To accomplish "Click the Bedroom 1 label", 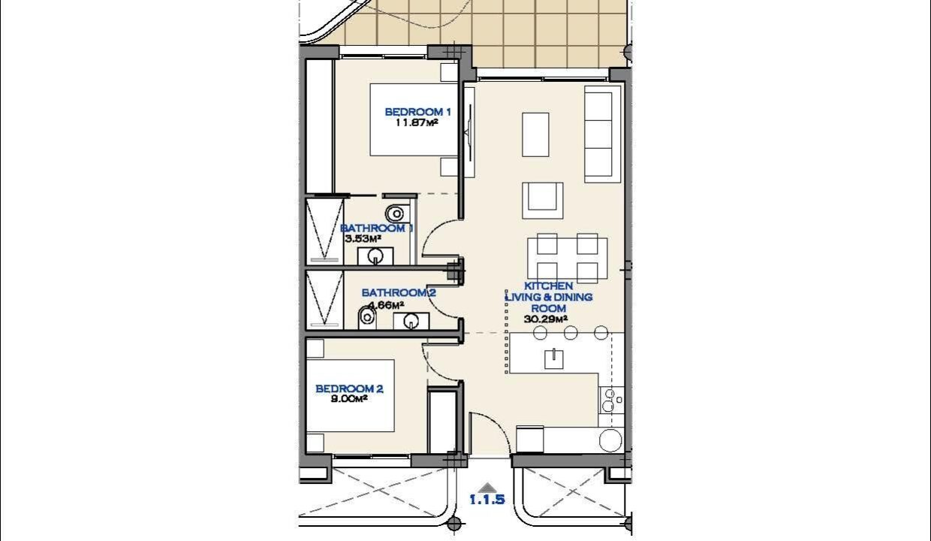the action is coord(417,112).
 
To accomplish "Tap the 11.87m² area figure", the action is coord(417,122).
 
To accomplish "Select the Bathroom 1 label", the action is coord(377,228).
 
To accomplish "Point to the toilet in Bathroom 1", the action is coord(396,213).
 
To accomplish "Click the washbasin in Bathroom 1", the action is coord(375,256).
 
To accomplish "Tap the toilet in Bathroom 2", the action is coord(367,318).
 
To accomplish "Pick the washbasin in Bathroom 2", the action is coord(411,322).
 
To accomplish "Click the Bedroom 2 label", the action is coord(349,388).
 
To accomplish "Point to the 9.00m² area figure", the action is coord(349,399).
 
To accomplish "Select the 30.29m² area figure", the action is coord(546,319).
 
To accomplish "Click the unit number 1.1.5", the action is coord(487,500).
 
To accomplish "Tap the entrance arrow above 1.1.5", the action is coord(487,488).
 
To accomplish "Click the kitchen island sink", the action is coord(554,359).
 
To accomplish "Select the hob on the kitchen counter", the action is coord(611,400).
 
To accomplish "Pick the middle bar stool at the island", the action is coord(571,333).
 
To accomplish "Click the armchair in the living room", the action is coord(542,201).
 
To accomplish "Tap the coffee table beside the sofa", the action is coord(535,134).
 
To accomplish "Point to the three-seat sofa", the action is coord(599,134).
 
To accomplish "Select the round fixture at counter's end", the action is coord(610,440).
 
